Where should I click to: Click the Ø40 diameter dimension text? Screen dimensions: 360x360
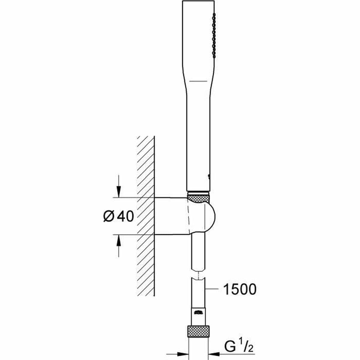(x=118, y=216)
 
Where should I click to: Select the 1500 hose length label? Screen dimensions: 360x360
(x=240, y=289)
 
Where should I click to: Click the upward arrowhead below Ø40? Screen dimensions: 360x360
(x=119, y=240)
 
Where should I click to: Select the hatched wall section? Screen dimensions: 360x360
(x=146, y=214)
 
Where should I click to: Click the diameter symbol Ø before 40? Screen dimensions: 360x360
(x=109, y=216)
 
